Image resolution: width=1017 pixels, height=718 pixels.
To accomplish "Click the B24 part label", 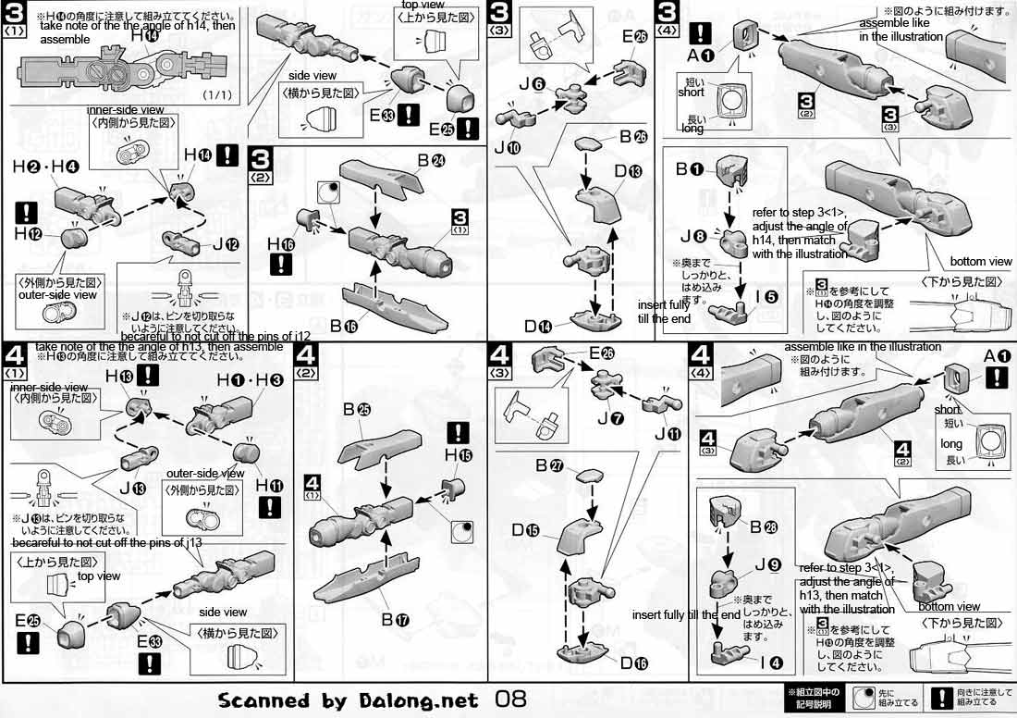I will (431, 159).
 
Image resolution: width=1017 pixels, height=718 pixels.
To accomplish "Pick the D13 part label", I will (629, 172).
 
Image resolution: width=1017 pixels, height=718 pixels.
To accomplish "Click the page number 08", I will (514, 699).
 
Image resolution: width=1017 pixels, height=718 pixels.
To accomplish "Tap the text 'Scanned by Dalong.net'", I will (349, 700).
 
